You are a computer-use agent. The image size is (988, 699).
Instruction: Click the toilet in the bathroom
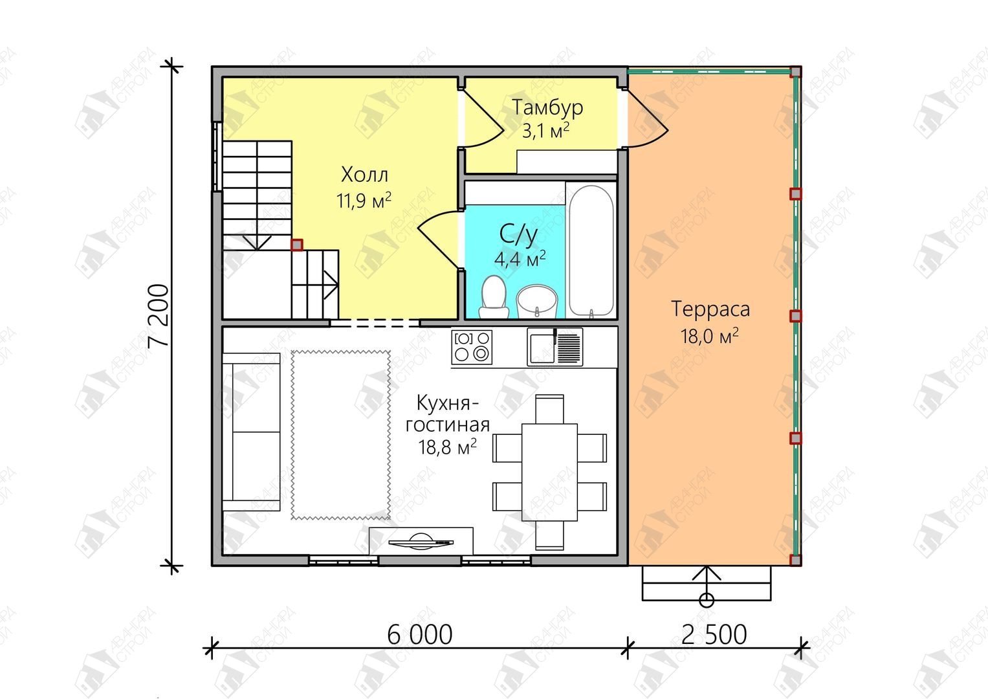(494, 297)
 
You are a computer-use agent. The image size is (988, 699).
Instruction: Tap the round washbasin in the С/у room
(537, 301)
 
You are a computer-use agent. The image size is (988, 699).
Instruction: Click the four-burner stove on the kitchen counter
(472, 348)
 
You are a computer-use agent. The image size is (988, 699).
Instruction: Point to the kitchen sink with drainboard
(555, 347)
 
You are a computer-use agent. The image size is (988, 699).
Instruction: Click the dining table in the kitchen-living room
(549, 472)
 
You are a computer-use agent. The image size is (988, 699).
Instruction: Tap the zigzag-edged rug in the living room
(340, 435)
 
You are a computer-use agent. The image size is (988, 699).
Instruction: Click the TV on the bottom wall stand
(421, 540)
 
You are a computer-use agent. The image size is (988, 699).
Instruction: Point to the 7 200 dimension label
(159, 316)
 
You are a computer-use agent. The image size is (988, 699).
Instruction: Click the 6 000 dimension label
(419, 635)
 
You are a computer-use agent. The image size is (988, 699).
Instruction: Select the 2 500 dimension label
(714, 635)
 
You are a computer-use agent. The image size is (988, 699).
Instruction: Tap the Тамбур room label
(547, 107)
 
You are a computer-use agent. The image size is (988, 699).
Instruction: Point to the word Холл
(364, 175)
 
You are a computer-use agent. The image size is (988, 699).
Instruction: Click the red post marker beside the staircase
(297, 245)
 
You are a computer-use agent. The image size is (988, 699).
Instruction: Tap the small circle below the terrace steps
(707, 600)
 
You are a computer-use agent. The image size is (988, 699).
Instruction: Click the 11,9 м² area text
(364, 201)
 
